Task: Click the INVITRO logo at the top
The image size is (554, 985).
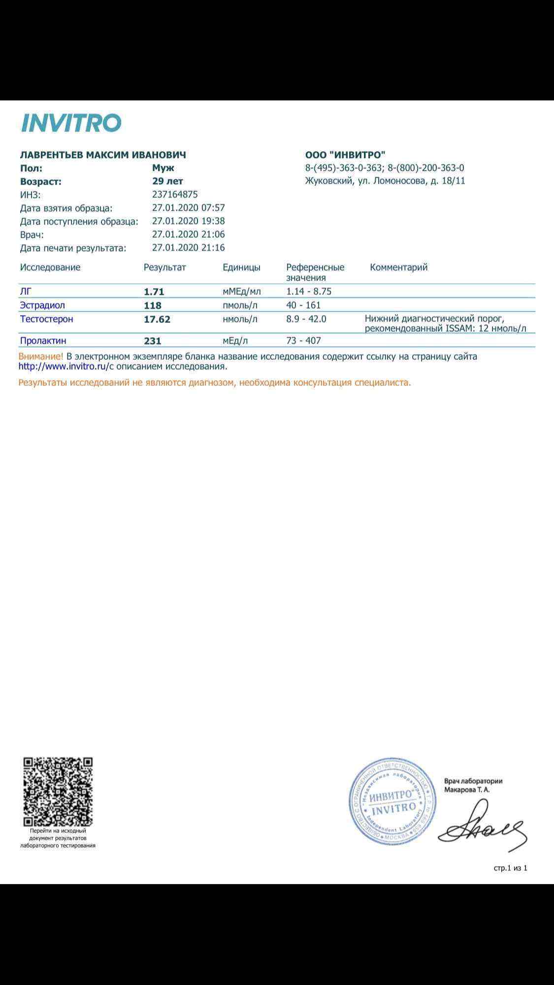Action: tap(71, 123)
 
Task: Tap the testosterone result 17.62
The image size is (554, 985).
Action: tap(157, 319)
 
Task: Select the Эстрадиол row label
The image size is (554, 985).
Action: tap(42, 305)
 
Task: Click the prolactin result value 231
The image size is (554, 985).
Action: tap(152, 341)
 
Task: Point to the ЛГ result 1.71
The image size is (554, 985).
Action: tap(154, 291)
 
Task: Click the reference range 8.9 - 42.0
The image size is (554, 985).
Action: tap(306, 319)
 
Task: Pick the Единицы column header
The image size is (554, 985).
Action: tap(241, 267)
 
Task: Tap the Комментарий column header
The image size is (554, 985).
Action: tap(398, 267)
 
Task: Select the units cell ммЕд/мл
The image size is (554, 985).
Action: tap(241, 291)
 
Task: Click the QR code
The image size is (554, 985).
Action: tap(58, 792)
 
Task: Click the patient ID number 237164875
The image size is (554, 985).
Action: tap(175, 194)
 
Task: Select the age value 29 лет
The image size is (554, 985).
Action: tap(167, 181)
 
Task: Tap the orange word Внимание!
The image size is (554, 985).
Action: tap(41, 356)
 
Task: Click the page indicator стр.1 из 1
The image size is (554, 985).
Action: tap(510, 868)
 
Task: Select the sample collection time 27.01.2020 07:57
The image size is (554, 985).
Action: tap(188, 208)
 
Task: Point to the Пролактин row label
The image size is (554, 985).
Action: tap(43, 341)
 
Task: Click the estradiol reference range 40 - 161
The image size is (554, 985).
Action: tap(303, 305)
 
